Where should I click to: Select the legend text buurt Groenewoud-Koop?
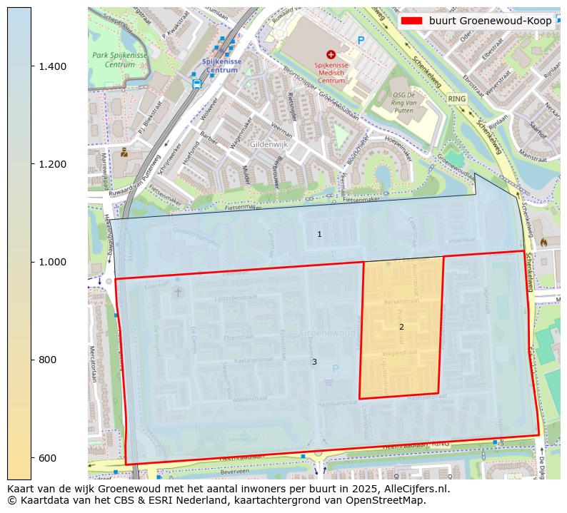(490, 21)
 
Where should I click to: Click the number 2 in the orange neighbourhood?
(401, 327)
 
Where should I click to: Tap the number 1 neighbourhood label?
(319, 234)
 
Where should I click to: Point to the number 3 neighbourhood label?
(314, 362)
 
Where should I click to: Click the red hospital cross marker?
(331, 54)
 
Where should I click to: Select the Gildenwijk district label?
(268, 144)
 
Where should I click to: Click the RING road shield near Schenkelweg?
(456, 98)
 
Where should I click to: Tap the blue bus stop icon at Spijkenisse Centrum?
(196, 83)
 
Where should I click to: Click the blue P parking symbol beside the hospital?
(361, 41)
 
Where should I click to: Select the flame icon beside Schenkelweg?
(543, 243)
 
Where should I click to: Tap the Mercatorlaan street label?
(93, 365)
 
